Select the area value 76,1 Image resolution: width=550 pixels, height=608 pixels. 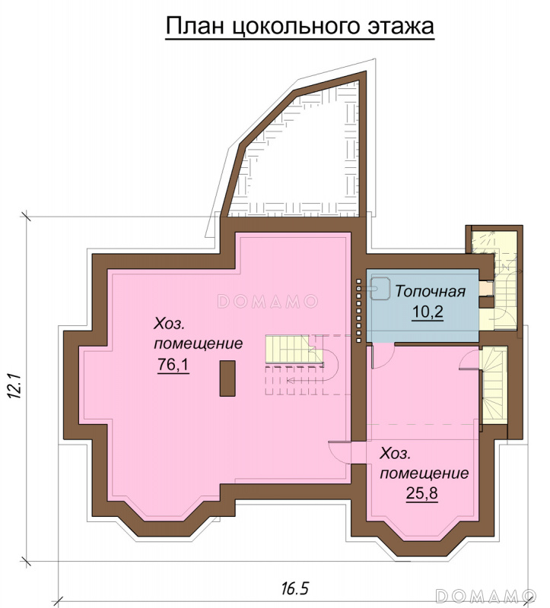pyautogui.click(x=173, y=365)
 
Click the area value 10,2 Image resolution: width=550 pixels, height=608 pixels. pyautogui.click(x=427, y=312)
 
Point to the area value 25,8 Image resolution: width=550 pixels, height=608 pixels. pyautogui.click(x=422, y=493)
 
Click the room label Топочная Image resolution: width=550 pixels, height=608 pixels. pyautogui.click(x=430, y=291)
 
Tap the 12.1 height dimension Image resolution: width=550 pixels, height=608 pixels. pyautogui.click(x=14, y=386)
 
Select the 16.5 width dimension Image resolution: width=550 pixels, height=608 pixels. pyautogui.click(x=294, y=588)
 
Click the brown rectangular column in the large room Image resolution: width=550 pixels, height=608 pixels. pyautogui.click(x=227, y=378)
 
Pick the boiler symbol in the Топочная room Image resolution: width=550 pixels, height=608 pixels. pyautogui.click(x=380, y=289)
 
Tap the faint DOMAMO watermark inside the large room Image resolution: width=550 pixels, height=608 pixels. pyautogui.click(x=268, y=301)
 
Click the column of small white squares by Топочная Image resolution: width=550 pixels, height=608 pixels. pyautogui.click(x=359, y=310)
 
